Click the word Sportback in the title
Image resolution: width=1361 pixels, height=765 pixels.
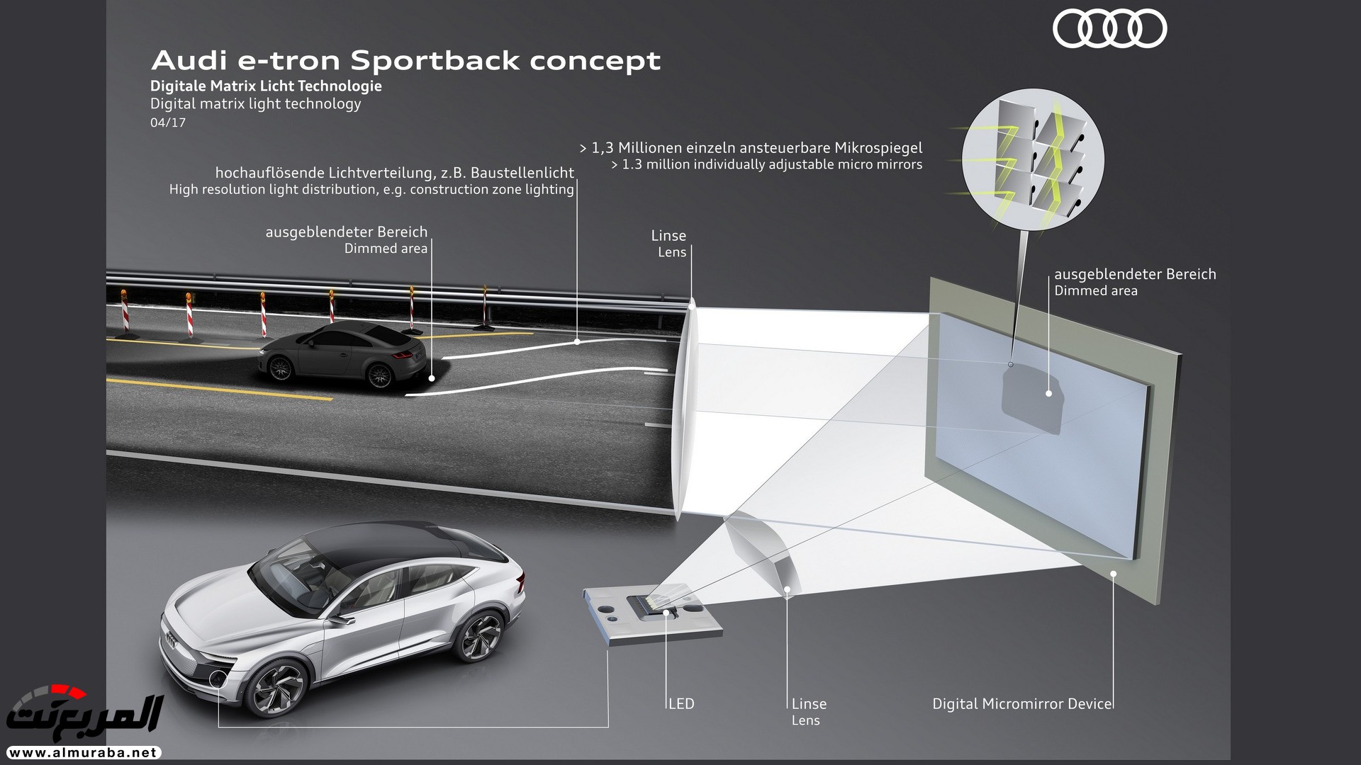[x=435, y=61]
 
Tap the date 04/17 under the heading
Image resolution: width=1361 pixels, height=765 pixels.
[x=168, y=123]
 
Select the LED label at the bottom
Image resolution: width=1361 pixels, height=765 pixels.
[x=681, y=703]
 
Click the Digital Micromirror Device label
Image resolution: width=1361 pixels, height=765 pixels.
[x=1021, y=703]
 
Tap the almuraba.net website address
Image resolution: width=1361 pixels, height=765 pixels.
[x=83, y=753]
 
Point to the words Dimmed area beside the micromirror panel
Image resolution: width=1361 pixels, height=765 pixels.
[x=1095, y=291]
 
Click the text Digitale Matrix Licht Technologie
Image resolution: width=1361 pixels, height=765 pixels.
[x=266, y=86]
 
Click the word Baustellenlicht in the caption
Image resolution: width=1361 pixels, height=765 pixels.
[x=522, y=173]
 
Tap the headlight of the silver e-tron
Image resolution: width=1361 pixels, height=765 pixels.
[x=218, y=677]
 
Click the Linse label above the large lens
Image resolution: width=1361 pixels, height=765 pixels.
[x=668, y=236]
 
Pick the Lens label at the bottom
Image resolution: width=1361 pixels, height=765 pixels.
[x=805, y=720]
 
